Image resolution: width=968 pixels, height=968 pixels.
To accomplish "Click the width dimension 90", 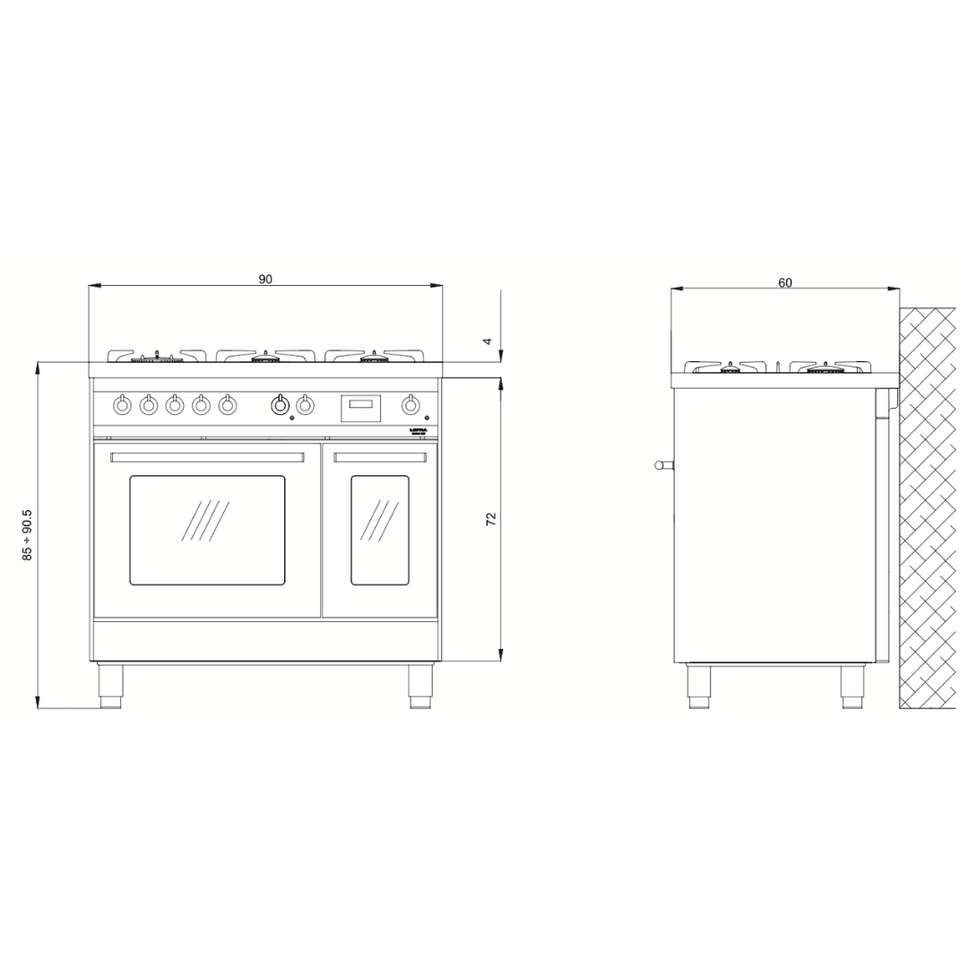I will click(x=265, y=279).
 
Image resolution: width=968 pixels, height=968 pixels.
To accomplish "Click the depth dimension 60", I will click(x=785, y=282).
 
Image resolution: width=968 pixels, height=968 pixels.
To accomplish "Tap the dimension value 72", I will click(x=491, y=519).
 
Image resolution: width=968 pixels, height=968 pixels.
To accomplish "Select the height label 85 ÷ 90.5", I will click(x=28, y=535).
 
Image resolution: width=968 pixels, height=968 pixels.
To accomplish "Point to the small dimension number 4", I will click(x=488, y=341).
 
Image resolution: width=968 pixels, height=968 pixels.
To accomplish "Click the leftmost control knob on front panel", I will click(x=123, y=405).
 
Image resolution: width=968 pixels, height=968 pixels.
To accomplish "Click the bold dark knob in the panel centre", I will click(x=281, y=405).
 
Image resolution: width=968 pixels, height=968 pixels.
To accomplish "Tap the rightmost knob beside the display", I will click(x=411, y=405).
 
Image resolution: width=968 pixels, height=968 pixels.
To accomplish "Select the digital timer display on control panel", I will click(x=360, y=408).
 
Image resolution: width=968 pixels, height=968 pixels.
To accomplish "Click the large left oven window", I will click(x=207, y=530).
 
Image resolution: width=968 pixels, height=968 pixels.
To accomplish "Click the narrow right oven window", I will click(x=379, y=530).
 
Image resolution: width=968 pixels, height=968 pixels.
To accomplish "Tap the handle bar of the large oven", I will click(x=207, y=457).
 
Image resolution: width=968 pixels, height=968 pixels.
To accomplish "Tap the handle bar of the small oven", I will click(x=380, y=457).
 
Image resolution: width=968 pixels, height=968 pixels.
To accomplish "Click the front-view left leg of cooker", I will click(x=110, y=687).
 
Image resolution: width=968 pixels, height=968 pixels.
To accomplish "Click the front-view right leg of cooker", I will click(x=420, y=687).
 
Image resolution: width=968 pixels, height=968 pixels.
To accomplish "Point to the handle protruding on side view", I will click(x=662, y=464).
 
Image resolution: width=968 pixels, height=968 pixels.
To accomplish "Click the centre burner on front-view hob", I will click(x=264, y=358).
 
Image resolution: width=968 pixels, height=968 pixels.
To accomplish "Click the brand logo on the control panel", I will click(x=419, y=431).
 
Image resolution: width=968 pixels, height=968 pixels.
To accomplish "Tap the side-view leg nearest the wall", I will click(x=852, y=687).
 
